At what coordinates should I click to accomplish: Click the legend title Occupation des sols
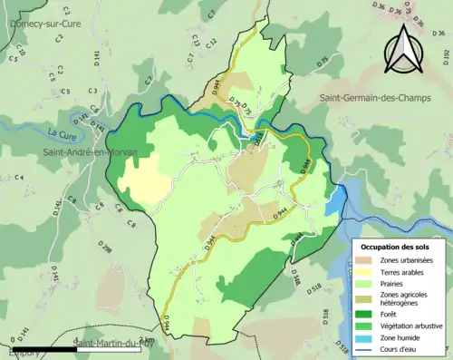click(x=399, y=247)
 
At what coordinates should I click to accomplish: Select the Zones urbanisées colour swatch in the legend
click(x=368, y=261)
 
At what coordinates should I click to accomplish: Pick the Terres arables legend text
click(x=406, y=271)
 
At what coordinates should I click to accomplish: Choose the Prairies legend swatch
click(x=368, y=283)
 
